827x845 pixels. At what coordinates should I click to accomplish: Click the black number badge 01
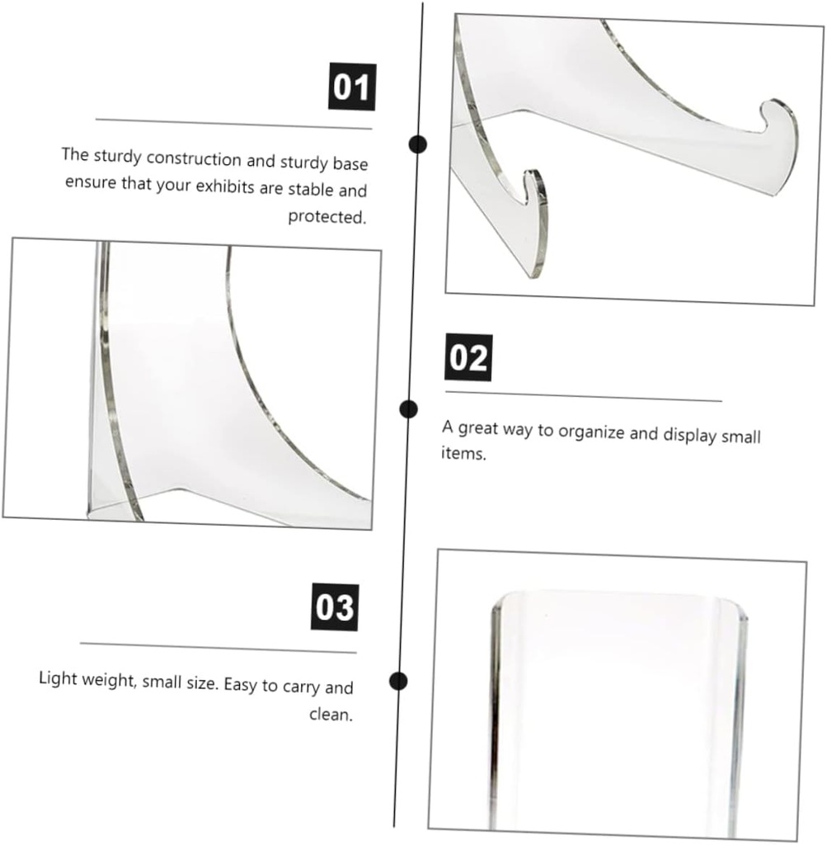click(352, 87)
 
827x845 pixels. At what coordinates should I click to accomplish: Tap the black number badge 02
click(468, 358)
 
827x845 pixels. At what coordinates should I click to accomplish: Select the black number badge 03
click(334, 608)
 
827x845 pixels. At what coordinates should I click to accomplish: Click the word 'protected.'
click(326, 217)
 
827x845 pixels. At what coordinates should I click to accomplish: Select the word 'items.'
click(463, 453)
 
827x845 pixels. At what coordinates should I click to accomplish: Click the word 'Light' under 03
click(58, 678)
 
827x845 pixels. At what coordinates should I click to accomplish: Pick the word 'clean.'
click(331, 714)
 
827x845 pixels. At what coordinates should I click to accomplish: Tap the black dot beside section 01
click(419, 145)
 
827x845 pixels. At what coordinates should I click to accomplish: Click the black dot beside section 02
click(408, 408)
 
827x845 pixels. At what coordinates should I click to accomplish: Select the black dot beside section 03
click(398, 681)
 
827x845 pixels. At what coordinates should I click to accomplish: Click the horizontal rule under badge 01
click(233, 124)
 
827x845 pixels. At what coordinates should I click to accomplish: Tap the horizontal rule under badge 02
click(583, 396)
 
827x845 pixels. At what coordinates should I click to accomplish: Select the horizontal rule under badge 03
click(218, 648)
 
